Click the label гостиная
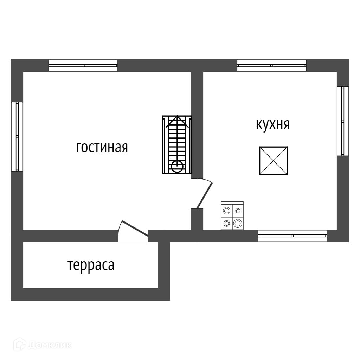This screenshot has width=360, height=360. [x=102, y=147]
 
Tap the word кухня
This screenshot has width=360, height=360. [x=273, y=124]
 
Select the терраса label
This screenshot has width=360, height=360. [x=91, y=265]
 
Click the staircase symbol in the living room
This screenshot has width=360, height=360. [x=177, y=144]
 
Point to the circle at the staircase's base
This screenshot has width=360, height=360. [x=177, y=166]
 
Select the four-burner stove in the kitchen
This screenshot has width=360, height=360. [x=232, y=216]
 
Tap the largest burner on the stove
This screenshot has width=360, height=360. [x=238, y=223]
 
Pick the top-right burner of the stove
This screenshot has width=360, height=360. [x=238, y=211]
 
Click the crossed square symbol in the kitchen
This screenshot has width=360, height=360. [x=274, y=161]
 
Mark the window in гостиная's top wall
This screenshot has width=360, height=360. [x=83, y=66]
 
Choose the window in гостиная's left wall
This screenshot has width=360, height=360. [x=17, y=136]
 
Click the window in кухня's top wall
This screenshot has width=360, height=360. [x=271, y=66]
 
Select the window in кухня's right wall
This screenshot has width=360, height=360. [x=343, y=121]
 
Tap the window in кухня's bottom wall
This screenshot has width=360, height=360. [x=292, y=236]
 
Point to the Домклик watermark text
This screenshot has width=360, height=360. [x=50, y=345]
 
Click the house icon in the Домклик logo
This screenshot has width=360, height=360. [x=19, y=345]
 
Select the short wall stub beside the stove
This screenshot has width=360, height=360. [x=197, y=219]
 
